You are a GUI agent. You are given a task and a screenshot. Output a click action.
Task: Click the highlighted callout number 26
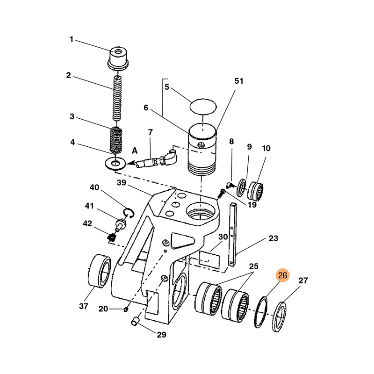[283, 276]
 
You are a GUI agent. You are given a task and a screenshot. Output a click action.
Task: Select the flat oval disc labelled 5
[204, 106]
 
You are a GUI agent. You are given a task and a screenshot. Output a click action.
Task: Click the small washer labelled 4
[115, 164]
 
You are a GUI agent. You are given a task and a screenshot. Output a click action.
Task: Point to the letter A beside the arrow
[135, 151]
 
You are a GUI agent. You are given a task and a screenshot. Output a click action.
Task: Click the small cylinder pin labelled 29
[136, 322]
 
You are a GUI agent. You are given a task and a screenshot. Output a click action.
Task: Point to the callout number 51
[239, 81]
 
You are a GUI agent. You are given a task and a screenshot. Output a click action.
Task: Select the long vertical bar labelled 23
[233, 234]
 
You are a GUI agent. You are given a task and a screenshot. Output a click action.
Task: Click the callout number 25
[253, 267]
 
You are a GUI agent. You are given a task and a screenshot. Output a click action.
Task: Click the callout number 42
[88, 223]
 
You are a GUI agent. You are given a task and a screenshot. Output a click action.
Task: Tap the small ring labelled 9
[242, 187]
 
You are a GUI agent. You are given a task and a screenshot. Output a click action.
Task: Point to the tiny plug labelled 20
[126, 309]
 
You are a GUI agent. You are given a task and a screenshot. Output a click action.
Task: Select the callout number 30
[223, 237]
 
